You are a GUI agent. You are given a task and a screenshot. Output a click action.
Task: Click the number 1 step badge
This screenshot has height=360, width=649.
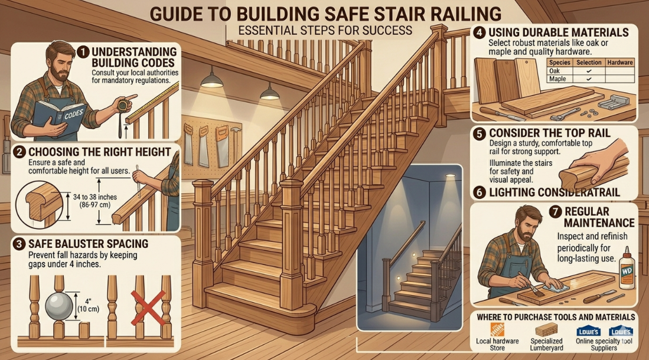(x=83, y=52)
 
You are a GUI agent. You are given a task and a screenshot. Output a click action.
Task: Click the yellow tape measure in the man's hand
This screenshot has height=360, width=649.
(x=122, y=106)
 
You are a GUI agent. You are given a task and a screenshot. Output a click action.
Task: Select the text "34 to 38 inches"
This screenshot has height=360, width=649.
(x=95, y=197)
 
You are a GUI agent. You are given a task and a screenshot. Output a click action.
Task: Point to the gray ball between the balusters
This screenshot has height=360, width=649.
(x=59, y=306)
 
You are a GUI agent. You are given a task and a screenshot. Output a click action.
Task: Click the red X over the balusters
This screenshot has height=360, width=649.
(x=148, y=307)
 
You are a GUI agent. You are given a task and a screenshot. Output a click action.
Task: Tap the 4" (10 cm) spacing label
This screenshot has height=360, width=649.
(x=88, y=305)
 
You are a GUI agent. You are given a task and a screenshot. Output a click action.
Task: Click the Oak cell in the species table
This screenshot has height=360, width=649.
(x=554, y=71)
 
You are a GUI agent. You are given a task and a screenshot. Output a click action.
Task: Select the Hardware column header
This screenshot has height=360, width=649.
(x=619, y=63)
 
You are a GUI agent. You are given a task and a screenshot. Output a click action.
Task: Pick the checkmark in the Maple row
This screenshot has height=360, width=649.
(x=589, y=78)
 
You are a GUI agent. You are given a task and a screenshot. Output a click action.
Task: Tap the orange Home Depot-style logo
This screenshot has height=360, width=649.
(x=497, y=330)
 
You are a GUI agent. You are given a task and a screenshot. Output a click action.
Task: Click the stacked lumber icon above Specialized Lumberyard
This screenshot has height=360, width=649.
(x=546, y=330)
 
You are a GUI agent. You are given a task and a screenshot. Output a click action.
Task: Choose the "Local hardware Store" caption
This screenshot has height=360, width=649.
(x=497, y=345)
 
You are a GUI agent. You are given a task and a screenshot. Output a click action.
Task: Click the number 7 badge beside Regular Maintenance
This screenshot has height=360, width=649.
(x=555, y=212)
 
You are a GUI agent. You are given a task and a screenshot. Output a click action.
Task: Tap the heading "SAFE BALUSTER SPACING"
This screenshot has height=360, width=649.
(x=88, y=244)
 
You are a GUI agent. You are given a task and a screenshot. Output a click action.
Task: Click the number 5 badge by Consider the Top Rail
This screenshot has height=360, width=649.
(x=480, y=133)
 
